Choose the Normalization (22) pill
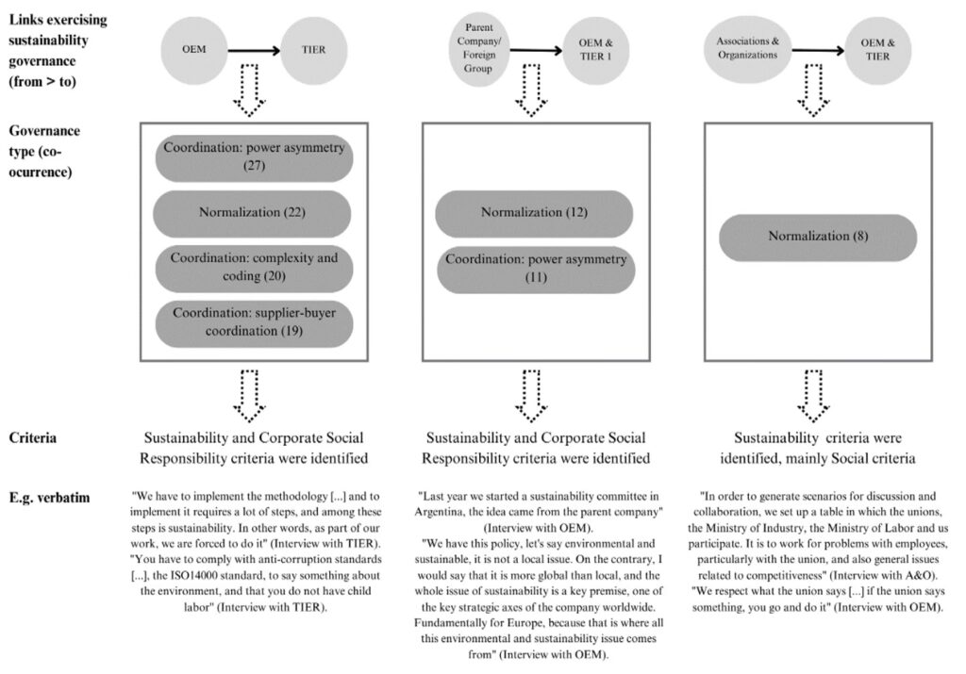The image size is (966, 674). coord(253,212)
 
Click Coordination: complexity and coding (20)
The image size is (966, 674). coord(253,268)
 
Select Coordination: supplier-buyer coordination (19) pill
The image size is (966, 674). coord(253,323)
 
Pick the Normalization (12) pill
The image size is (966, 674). coord(535,213)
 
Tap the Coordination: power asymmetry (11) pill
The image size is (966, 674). coord(535,269)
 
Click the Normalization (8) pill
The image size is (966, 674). coord(818,237)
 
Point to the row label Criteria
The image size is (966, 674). coord(35,438)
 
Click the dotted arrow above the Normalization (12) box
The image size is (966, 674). coord(534,90)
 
